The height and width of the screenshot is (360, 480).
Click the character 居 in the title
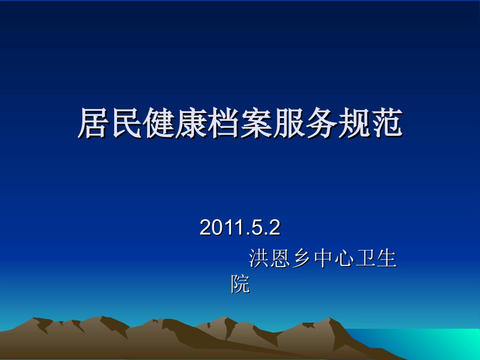[x=94, y=123]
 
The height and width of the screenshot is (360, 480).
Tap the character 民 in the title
[x=126, y=123]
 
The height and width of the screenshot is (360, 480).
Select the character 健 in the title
[x=159, y=123]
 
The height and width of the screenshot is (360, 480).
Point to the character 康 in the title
[x=191, y=123]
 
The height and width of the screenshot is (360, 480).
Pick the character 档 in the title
[x=224, y=123]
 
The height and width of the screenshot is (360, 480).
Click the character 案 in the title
[x=256, y=123]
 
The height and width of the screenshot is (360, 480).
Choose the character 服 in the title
[x=289, y=123]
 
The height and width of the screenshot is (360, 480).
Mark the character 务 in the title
[x=321, y=123]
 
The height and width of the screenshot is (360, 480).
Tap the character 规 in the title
[x=354, y=123]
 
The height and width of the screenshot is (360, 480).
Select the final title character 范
[x=386, y=123]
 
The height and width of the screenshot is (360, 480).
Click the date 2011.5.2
[x=239, y=228]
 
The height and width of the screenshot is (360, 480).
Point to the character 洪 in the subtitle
[x=259, y=260]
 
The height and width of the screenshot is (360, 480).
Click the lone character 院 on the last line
[x=241, y=284]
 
